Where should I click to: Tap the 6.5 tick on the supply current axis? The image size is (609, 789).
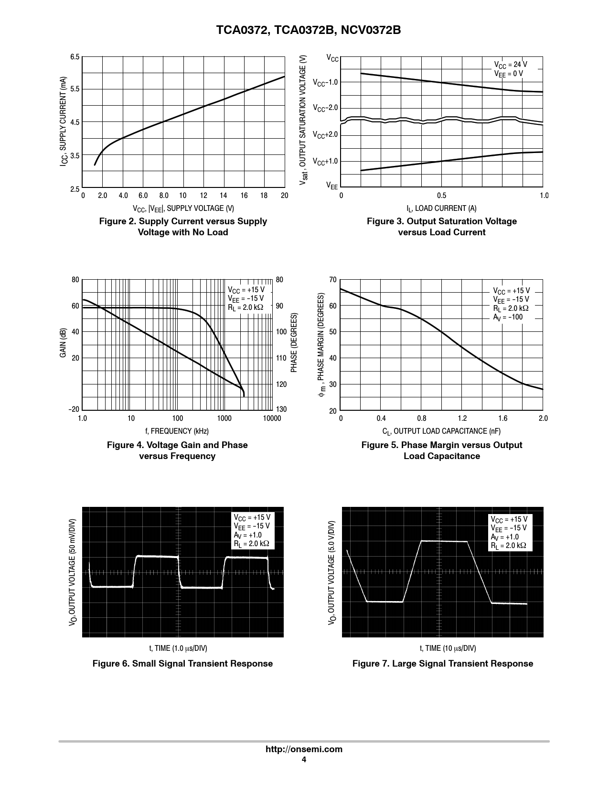pos(75,57)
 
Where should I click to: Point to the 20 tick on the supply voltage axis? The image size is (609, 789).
pos(284,196)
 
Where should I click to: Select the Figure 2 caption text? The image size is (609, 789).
pos(183,227)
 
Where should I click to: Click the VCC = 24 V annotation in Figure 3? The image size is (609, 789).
pos(511,65)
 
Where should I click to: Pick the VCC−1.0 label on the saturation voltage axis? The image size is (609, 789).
pos(325,83)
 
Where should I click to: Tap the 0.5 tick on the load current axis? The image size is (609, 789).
pos(441,196)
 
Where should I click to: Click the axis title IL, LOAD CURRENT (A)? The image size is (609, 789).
pos(441,208)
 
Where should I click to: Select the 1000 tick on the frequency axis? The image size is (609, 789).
pos(224,418)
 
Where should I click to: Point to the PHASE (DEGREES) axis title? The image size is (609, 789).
pos(294,343)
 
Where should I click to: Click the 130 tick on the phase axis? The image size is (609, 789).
pos(281,409)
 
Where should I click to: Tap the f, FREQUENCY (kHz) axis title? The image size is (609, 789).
pos(177,431)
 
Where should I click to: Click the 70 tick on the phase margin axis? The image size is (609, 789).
pos(333,280)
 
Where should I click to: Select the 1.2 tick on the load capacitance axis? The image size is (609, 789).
pos(462,418)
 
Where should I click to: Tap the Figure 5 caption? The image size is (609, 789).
pos(442,450)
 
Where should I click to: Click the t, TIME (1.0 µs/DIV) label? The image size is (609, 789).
pos(178,648)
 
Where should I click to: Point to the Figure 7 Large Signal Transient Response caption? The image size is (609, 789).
pos(443,664)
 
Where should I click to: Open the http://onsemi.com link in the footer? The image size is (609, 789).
pos(304,749)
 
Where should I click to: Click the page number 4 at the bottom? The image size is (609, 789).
pos(304,760)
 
